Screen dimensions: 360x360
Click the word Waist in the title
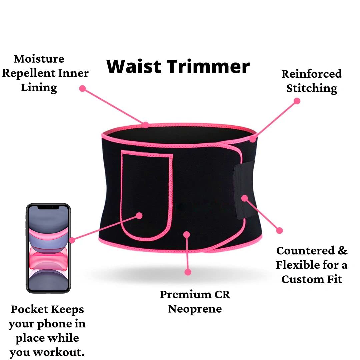tap(134, 66)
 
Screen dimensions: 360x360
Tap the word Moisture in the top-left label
tap(39, 59)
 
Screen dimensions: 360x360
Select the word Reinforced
tap(312, 74)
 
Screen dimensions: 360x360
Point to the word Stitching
tap(312, 89)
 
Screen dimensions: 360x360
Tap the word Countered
tap(305, 250)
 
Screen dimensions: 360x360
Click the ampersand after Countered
tap(342, 250)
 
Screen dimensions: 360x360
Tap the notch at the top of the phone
tap(48, 207)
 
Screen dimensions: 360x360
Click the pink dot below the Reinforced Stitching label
tap(297, 101)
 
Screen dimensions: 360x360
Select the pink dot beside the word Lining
tap(82, 88)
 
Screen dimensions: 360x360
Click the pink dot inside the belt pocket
tap(139, 216)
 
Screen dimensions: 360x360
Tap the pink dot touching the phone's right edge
tap(72, 240)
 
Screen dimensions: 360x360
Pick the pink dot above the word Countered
tap(279, 231)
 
